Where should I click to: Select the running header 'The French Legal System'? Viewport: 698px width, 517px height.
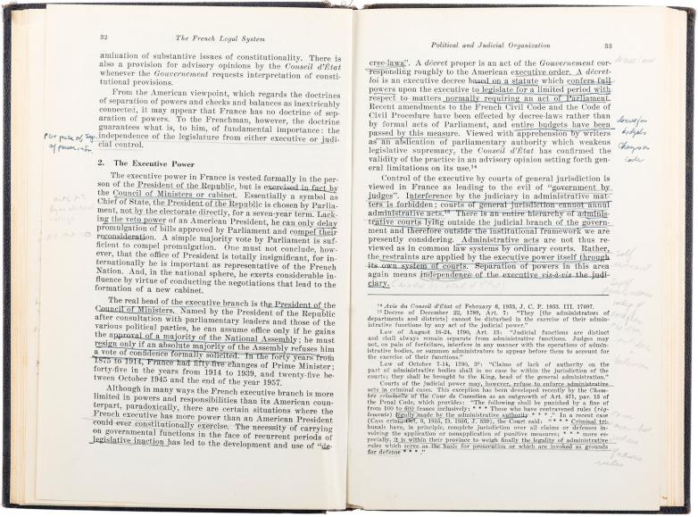[x=213, y=38]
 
